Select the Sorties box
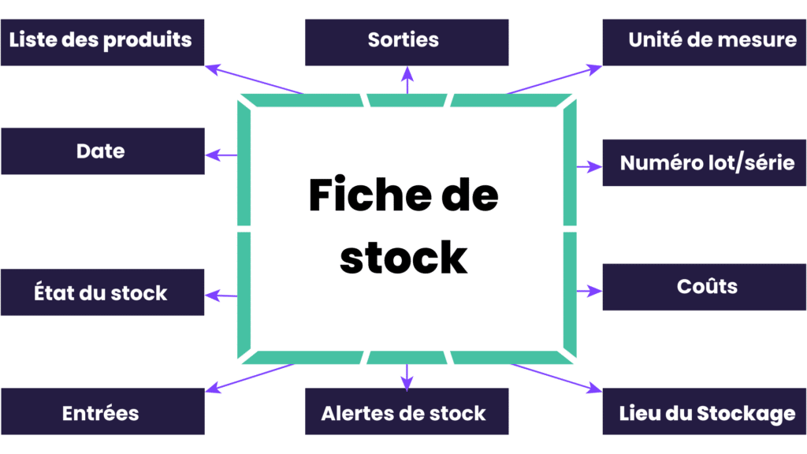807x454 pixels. (407, 41)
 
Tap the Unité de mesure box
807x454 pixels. (705, 41)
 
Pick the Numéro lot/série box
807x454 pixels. (705, 164)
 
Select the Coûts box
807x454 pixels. (705, 287)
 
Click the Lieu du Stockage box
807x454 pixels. (705, 412)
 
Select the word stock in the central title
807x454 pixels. (403, 257)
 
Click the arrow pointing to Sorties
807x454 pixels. (407, 80)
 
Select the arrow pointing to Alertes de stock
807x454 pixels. (407, 377)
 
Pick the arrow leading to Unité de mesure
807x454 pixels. (556, 80)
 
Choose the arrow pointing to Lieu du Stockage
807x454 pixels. (557, 378)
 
